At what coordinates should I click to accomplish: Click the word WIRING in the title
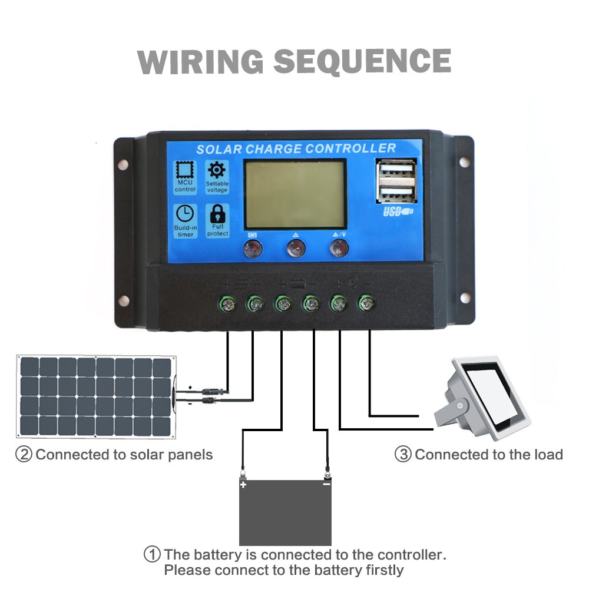point(200,62)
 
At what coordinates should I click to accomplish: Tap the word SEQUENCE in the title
point(362,62)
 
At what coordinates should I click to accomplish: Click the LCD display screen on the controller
point(295,194)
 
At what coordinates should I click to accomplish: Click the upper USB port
point(396,170)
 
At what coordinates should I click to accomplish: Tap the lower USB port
point(396,194)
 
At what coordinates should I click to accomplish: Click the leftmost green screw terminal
point(227,304)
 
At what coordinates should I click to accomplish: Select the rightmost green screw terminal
point(366,303)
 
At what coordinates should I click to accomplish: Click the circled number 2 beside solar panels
point(24,455)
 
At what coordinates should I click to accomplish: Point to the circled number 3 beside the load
point(403,455)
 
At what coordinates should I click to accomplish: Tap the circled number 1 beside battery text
point(152,554)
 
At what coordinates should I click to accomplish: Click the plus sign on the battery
point(243,485)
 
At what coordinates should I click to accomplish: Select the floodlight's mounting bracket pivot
point(460,406)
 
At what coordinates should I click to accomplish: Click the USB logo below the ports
point(398,211)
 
